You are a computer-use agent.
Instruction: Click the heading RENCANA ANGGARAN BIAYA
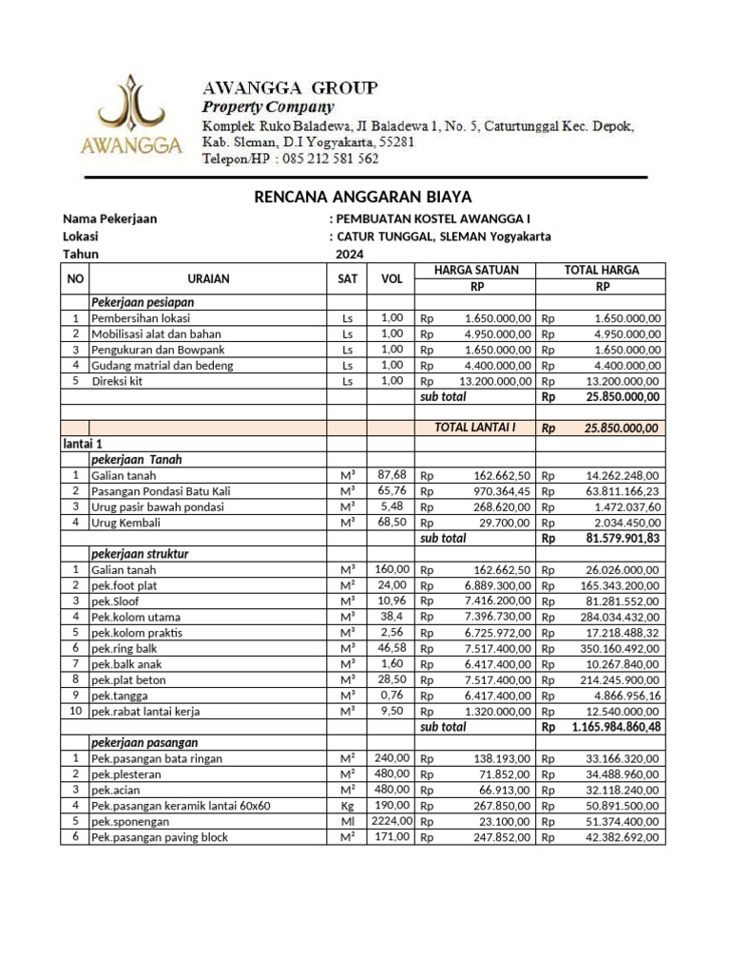tap(363, 197)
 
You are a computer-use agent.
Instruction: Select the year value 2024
tap(349, 254)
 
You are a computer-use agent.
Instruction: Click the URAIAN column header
tap(208, 278)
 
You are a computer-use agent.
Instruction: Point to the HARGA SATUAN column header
tap(476, 270)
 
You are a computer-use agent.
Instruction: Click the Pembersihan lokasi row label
tap(140, 318)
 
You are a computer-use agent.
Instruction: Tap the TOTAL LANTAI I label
tap(474, 428)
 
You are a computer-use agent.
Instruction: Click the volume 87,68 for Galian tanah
tap(392, 474)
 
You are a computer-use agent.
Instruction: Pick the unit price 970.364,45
tap(493, 491)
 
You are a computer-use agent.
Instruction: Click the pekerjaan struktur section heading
tap(140, 552)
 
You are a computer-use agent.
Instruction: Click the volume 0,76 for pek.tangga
tap(392, 694)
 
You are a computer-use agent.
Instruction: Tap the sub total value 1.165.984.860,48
tap(616, 726)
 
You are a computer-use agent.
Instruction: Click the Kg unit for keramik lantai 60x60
tap(346, 805)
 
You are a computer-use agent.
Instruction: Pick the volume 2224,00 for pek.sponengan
tap(392, 821)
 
